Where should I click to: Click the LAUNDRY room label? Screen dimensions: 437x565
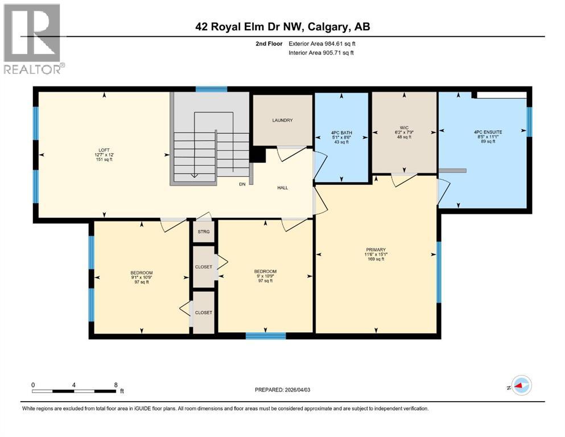[282, 120]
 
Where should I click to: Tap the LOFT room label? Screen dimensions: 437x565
[104, 150]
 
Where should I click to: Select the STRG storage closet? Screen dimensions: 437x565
[204, 232]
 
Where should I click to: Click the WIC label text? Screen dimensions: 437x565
[404, 127]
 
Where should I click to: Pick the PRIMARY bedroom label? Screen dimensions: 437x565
[376, 249]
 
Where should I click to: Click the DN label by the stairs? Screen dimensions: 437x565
[242, 184]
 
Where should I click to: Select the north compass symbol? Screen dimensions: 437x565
[521, 385]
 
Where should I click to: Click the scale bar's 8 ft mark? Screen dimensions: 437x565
[116, 384]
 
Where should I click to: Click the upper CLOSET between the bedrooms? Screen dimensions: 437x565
[203, 266]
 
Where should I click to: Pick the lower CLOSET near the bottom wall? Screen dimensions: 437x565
[203, 312]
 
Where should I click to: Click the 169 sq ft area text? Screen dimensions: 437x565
[376, 259]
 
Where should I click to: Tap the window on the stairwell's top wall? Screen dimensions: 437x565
[212, 89]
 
